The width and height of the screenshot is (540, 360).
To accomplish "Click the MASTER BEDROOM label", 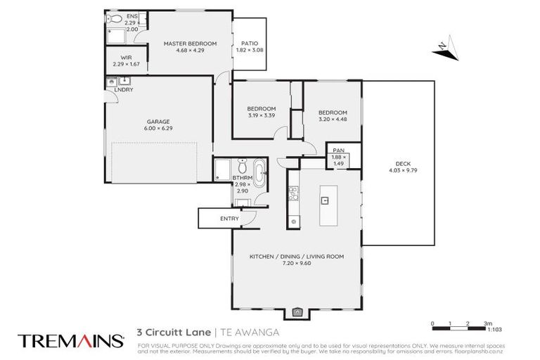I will point(190,44).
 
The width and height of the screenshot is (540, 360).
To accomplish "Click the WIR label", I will point(127,58).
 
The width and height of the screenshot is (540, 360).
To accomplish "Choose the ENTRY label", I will point(230,219).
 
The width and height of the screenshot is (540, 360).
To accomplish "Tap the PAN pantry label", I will point(338,150).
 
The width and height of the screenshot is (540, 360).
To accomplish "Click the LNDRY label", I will point(124,89).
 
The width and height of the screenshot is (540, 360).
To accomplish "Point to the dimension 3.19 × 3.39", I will point(261,116).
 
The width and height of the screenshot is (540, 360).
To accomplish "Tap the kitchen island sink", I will point(325,200).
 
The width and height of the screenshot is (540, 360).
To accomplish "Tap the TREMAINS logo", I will point(70,341).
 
